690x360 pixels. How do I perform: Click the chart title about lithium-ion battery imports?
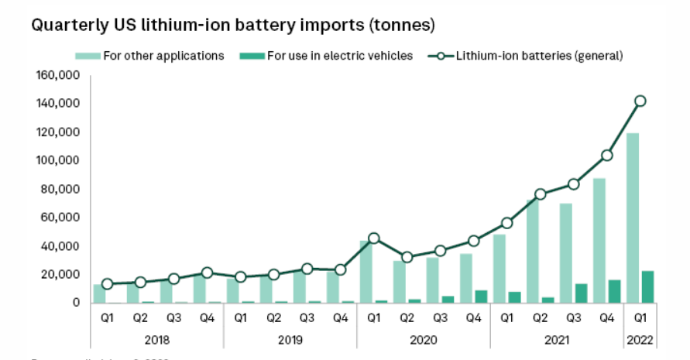(232, 25)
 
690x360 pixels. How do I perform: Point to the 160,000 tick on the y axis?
(58, 75)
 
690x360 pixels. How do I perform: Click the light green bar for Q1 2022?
(633, 218)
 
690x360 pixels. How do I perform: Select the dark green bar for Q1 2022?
(647, 287)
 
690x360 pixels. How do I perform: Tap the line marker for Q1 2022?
(640, 101)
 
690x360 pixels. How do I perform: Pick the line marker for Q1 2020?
(374, 238)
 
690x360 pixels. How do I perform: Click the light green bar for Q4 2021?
(599, 240)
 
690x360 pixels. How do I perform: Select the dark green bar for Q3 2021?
(581, 293)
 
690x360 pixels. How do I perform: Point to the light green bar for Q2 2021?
(533, 251)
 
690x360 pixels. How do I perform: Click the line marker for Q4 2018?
(208, 273)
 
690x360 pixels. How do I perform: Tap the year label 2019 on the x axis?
(290, 339)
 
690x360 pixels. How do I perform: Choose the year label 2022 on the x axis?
(640, 339)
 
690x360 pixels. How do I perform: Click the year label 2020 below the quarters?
(424, 339)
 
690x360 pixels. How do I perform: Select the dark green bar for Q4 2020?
(481, 297)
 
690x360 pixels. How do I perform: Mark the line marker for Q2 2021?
(541, 194)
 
